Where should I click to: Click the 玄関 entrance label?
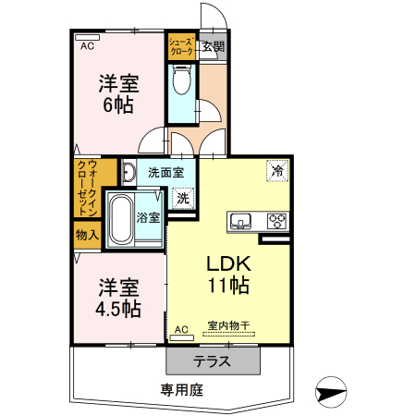point(213,46)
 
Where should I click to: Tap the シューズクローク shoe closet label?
point(181,46)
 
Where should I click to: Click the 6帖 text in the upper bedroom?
point(117,104)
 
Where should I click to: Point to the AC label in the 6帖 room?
point(87,45)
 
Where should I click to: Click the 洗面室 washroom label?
point(166,172)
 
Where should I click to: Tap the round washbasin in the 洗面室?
point(129,172)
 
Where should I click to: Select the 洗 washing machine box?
point(184,197)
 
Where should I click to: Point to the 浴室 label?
point(148,218)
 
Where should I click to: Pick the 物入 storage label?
point(87,236)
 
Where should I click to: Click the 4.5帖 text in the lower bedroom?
point(117,307)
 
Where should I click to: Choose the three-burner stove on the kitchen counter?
point(276,220)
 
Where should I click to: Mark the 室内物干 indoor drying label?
point(228,326)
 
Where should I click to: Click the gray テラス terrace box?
point(212,361)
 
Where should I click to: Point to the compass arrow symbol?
point(332,391)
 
